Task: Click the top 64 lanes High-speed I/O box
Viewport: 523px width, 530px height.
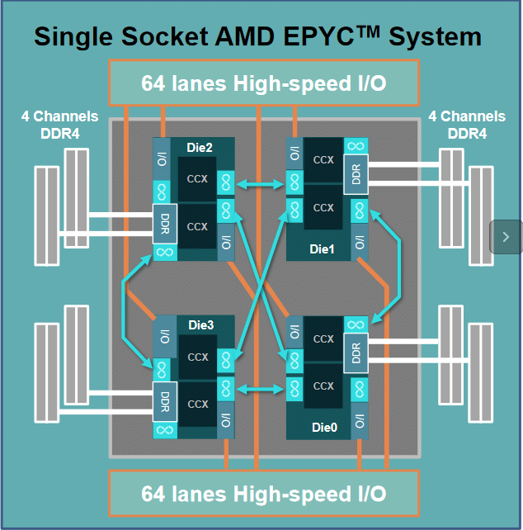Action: [x=263, y=83]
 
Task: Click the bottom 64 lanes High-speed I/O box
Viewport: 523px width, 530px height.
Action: [x=263, y=494]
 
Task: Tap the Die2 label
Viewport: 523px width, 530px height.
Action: [x=199, y=147]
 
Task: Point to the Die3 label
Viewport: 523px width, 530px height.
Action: [x=200, y=325]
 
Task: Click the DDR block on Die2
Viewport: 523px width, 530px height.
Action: [x=165, y=224]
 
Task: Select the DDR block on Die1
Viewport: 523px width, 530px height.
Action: [x=356, y=175]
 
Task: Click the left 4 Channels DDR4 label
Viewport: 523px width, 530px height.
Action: [x=59, y=124]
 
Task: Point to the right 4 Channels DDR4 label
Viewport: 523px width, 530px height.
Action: [x=467, y=124]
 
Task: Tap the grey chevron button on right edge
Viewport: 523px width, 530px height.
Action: [x=506, y=237]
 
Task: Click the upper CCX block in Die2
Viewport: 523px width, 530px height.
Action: [x=198, y=178]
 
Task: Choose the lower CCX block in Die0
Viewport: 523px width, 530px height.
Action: [x=323, y=386]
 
